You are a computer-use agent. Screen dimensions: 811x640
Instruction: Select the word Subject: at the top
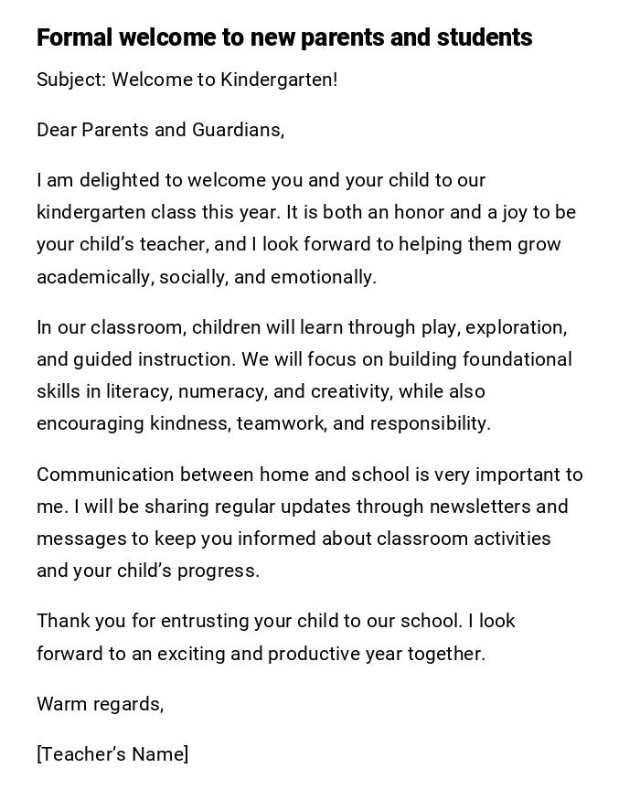coord(71,80)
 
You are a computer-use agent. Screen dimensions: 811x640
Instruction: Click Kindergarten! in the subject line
coord(279,80)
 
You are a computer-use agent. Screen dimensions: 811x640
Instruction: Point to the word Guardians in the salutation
coord(237,130)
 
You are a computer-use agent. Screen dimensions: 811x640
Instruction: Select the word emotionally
coord(324,277)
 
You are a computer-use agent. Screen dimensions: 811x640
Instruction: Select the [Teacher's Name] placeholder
coord(112,754)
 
